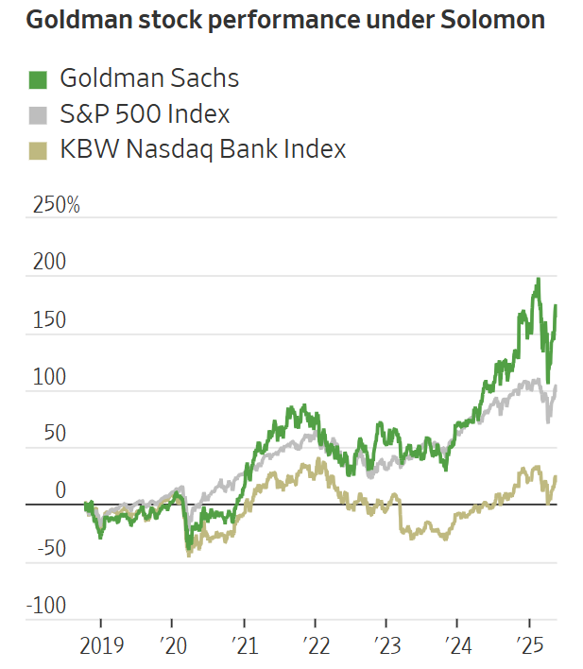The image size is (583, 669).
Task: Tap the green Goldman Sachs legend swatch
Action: point(37,79)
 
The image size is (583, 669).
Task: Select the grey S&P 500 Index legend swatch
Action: point(37,115)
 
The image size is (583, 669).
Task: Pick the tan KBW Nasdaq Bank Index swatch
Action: point(37,150)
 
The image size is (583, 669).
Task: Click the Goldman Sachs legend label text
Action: point(149,78)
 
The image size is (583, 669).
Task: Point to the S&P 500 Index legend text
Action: point(145,114)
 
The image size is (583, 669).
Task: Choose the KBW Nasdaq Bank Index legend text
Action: point(202,149)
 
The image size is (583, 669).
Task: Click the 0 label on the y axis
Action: point(60,490)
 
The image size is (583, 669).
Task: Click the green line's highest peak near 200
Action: point(538,279)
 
